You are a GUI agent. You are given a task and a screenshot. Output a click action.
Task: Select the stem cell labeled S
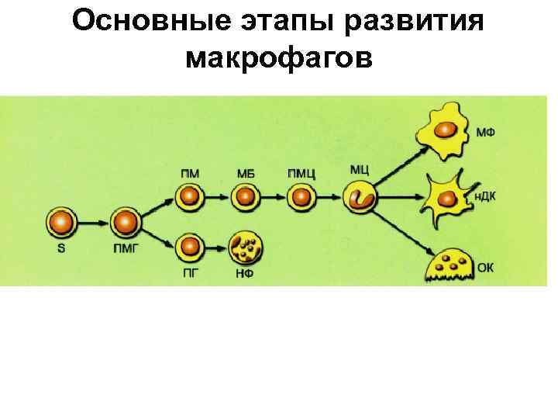coord(60,223)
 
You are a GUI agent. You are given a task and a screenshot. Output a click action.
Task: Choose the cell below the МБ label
coord(246,198)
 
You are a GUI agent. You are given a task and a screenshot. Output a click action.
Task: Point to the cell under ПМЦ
coord(302,198)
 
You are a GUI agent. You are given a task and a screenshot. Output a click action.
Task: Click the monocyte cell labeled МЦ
coord(361,197)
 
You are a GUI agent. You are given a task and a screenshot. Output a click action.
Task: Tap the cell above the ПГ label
coord(188,248)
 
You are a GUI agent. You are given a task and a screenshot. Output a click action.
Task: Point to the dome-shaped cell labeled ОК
coord(447,265)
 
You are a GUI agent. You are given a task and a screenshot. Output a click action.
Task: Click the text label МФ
coord(486,133)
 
